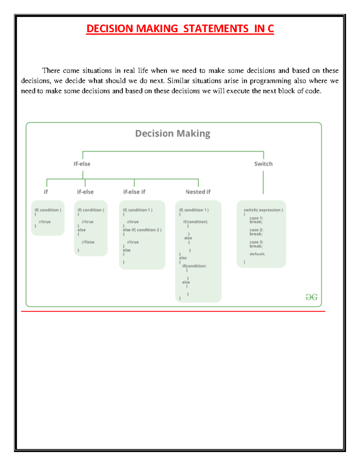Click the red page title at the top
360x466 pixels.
[180, 29]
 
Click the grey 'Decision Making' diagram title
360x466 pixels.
[172, 134]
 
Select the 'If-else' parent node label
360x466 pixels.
[82, 164]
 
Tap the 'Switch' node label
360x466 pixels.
[263, 164]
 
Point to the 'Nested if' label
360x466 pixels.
[198, 192]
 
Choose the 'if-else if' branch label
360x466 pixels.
[134, 192]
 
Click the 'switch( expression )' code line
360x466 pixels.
[263, 210]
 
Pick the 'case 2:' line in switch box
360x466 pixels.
[256, 230]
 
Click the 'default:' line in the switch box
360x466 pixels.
[257, 254]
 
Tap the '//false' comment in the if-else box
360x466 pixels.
[88, 242]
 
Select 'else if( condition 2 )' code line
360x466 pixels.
[142, 230]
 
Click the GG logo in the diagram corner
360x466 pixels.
[311, 297]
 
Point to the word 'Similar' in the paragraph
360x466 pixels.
[178, 81]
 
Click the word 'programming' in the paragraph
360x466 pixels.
[270, 81]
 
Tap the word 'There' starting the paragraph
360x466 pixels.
[51, 71]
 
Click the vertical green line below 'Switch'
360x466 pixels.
[263, 182]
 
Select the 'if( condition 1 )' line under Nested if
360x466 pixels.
[194, 210]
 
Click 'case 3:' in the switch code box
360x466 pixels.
[256, 242]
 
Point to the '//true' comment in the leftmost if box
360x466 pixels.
[45, 222]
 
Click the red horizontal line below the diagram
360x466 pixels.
[173, 311]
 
